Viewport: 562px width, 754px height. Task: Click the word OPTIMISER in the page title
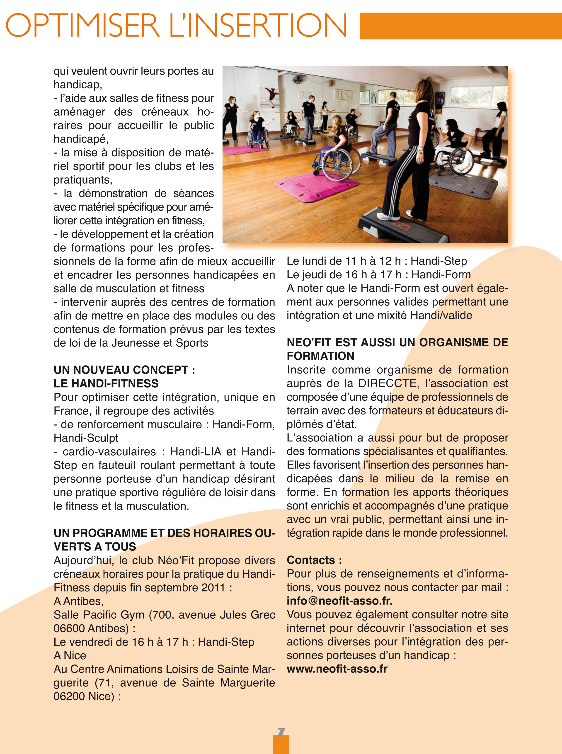tap(83, 26)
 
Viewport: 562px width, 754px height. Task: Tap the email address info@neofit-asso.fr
tap(339, 601)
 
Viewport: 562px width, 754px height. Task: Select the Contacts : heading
tap(314, 560)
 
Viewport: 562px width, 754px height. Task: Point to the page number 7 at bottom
tap(281, 732)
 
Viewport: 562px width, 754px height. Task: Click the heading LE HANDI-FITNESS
tap(106, 383)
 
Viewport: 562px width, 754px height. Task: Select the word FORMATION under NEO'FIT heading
tap(320, 356)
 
